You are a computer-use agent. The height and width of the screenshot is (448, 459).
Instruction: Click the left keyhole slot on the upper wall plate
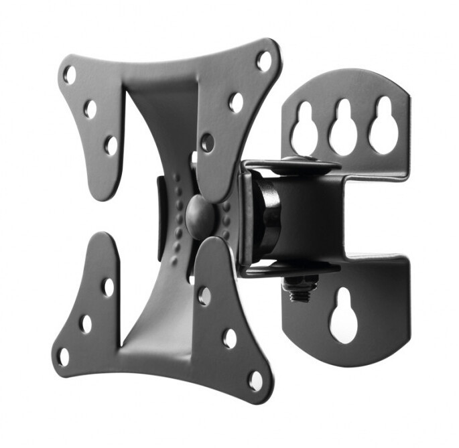(x=304, y=128)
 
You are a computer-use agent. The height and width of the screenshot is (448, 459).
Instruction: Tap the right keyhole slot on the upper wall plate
(x=383, y=125)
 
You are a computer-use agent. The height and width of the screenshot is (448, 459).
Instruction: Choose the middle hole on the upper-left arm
(x=90, y=109)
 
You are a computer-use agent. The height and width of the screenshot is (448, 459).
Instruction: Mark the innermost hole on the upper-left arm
(x=111, y=145)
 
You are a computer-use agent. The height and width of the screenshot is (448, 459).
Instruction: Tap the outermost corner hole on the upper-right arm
(x=264, y=61)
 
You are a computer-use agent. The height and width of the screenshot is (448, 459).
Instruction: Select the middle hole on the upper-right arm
(x=236, y=102)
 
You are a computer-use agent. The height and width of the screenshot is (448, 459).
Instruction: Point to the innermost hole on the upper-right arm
(x=207, y=142)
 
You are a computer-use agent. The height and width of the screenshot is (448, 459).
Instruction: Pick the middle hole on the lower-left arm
(x=86, y=323)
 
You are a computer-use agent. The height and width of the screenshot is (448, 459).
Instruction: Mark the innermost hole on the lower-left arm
(x=108, y=288)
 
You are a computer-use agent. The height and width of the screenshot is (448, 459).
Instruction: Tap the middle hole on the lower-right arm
(x=230, y=338)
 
